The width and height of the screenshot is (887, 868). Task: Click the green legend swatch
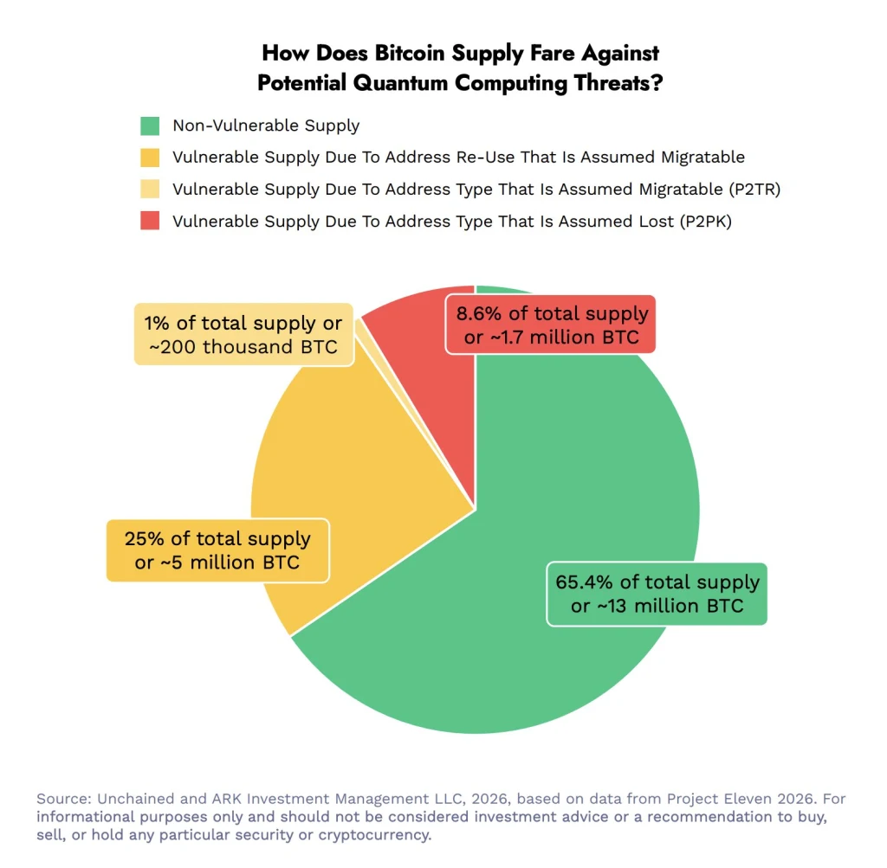pos(150,126)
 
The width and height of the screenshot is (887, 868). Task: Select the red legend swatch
pos(150,221)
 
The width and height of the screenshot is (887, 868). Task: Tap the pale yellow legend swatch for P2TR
pos(150,190)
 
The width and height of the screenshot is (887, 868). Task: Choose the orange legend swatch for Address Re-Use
pos(150,158)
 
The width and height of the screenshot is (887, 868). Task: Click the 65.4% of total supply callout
pos(657,593)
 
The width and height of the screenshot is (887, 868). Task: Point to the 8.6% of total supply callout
pos(551,325)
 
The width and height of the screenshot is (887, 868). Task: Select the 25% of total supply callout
pos(217,550)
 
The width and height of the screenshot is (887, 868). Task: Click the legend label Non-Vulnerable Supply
pos(266,126)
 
